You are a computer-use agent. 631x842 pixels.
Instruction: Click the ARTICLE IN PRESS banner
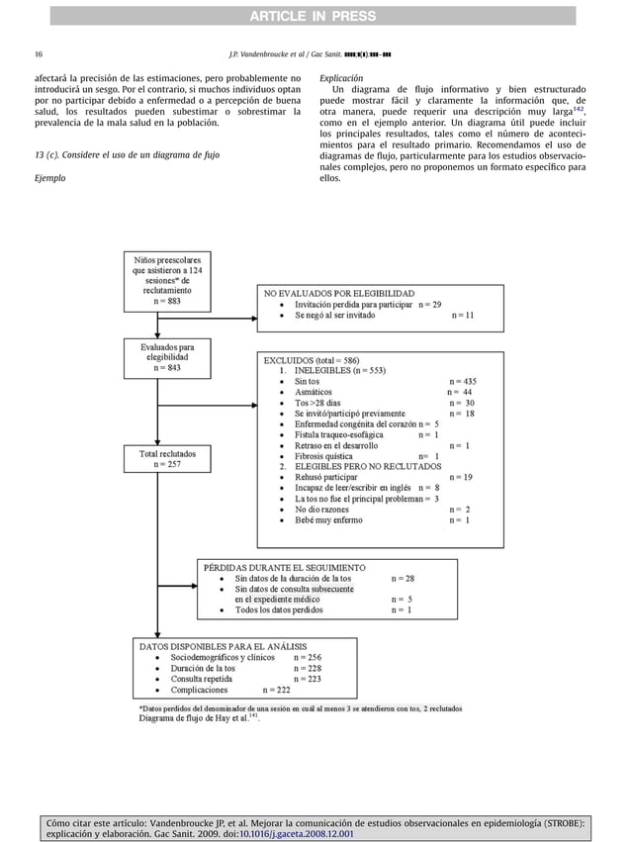point(315,15)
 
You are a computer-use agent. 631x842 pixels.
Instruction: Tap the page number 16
point(38,53)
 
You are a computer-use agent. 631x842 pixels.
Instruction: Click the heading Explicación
point(341,77)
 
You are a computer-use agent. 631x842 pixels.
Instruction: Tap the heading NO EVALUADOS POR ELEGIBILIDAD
point(339,293)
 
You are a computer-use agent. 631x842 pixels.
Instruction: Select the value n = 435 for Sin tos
point(463,381)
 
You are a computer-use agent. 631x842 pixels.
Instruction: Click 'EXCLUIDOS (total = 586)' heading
point(312,360)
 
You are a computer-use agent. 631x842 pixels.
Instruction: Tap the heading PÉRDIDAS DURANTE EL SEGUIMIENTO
point(284,568)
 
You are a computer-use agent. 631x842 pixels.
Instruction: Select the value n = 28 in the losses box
point(403,578)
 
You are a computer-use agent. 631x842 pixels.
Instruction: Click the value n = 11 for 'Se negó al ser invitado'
point(462,316)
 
